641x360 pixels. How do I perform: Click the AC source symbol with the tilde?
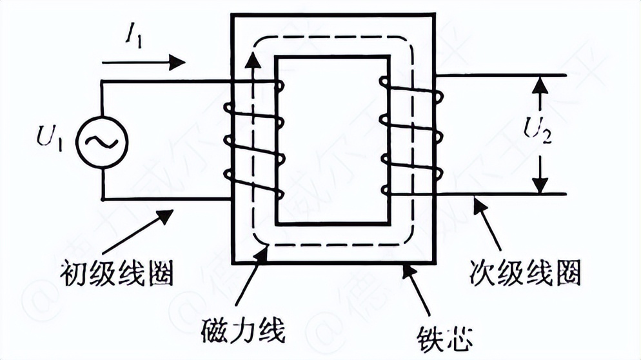(102, 139)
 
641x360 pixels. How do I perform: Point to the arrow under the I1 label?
(143, 63)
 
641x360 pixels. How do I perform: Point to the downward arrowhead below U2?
(540, 187)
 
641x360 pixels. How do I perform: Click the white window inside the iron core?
(332, 139)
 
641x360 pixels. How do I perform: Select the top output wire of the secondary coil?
(503, 76)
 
